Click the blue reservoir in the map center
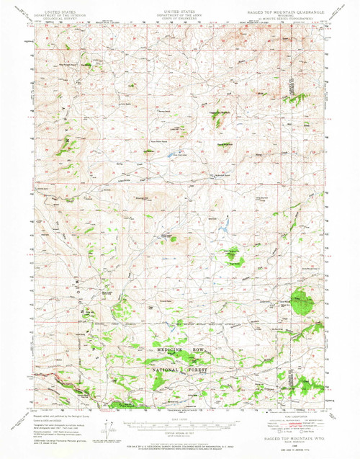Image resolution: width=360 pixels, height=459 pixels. tap(223, 229)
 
